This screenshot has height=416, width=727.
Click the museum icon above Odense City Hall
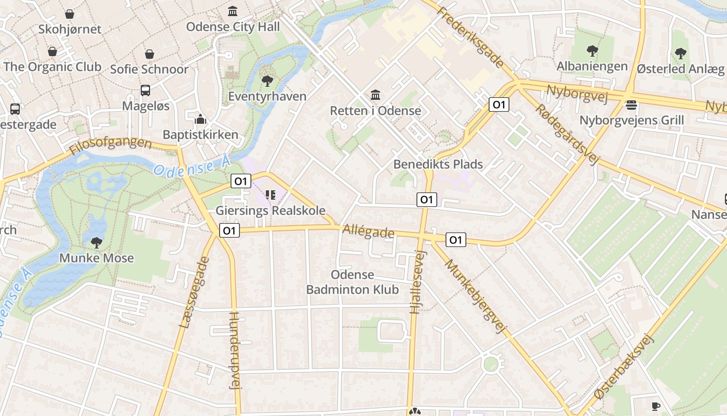click(x=233, y=11)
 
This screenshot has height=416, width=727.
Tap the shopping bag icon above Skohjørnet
click(x=69, y=14)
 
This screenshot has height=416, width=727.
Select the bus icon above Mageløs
click(x=145, y=90)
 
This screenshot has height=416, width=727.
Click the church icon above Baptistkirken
click(x=200, y=120)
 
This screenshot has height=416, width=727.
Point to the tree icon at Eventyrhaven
click(x=267, y=81)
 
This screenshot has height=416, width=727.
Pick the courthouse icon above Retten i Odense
click(x=375, y=95)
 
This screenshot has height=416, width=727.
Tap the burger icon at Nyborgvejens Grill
click(x=631, y=105)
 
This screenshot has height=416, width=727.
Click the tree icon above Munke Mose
click(x=96, y=242)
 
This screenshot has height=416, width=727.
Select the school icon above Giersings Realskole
click(x=270, y=195)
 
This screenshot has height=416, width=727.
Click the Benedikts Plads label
click(x=438, y=164)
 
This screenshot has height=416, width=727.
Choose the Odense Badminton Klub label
click(x=353, y=282)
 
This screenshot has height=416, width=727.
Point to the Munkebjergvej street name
click(x=475, y=296)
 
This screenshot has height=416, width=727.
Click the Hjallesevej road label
click(x=418, y=281)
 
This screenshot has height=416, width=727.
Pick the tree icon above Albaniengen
click(x=592, y=51)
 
